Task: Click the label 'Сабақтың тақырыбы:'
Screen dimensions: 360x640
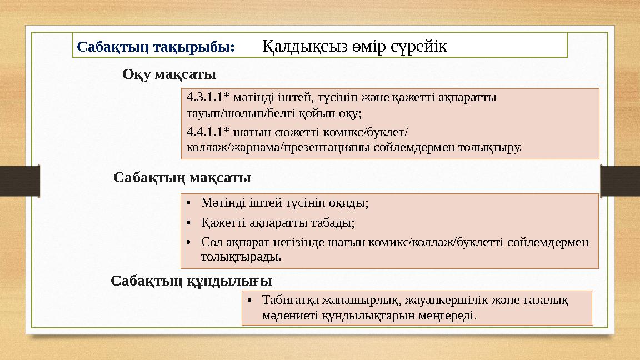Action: (x=156, y=46)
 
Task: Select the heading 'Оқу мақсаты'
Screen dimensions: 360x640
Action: (x=169, y=74)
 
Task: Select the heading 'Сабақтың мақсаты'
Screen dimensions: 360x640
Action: (x=182, y=178)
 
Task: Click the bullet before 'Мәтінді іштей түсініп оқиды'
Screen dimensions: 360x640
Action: (x=190, y=203)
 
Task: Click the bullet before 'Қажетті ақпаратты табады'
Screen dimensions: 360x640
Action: (x=190, y=223)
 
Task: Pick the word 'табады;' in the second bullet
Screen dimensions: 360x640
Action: (x=336, y=223)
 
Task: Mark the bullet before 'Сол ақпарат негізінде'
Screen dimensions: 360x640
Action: (x=190, y=243)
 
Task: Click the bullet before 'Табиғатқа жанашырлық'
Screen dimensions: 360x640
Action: (x=251, y=301)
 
